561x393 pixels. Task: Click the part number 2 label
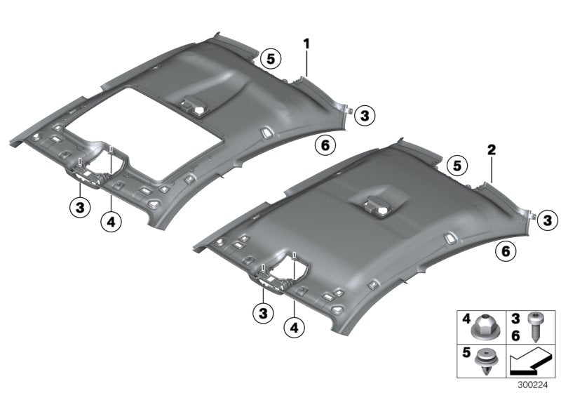[x=492, y=150]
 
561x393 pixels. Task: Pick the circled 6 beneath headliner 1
[x=325, y=145]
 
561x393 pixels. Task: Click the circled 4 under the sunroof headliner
[x=110, y=222]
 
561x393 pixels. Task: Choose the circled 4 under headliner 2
[x=295, y=327]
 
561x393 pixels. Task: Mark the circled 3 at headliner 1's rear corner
[x=364, y=115]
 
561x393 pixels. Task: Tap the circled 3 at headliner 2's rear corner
[x=548, y=221]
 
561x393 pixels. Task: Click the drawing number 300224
[x=536, y=385]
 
